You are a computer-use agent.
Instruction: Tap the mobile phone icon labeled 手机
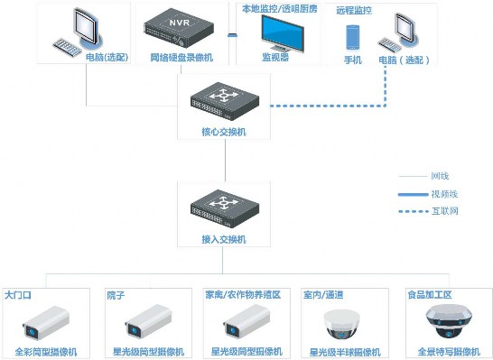click(353, 38)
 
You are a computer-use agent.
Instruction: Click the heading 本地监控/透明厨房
click(279, 8)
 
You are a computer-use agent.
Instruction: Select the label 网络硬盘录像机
click(181, 60)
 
